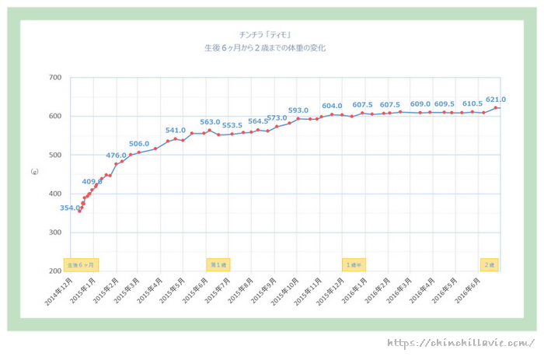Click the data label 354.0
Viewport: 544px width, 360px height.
pyautogui.click(x=69, y=208)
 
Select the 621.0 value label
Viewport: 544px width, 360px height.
pyautogui.click(x=495, y=100)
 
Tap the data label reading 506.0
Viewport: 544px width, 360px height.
pyautogui.click(x=139, y=144)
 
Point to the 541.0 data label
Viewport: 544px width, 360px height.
pyautogui.click(x=176, y=131)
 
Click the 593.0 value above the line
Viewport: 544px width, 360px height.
pyautogui.click(x=298, y=110)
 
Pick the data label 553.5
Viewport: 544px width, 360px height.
pyautogui.click(x=232, y=125)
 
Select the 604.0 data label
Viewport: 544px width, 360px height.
pyautogui.click(x=332, y=106)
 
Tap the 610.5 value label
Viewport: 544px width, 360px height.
pyautogui.click(x=473, y=103)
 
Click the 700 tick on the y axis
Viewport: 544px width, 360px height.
pyautogui.click(x=55, y=78)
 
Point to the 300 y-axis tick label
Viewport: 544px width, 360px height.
pyautogui.click(x=55, y=232)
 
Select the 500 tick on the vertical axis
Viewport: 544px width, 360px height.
pyautogui.click(x=55, y=155)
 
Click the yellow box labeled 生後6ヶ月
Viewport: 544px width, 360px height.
pyautogui.click(x=81, y=264)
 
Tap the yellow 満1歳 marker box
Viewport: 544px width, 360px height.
pyautogui.click(x=218, y=264)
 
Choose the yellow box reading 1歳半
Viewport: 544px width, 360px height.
pyautogui.click(x=354, y=264)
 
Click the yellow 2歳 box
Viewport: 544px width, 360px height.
pyautogui.click(x=490, y=264)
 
